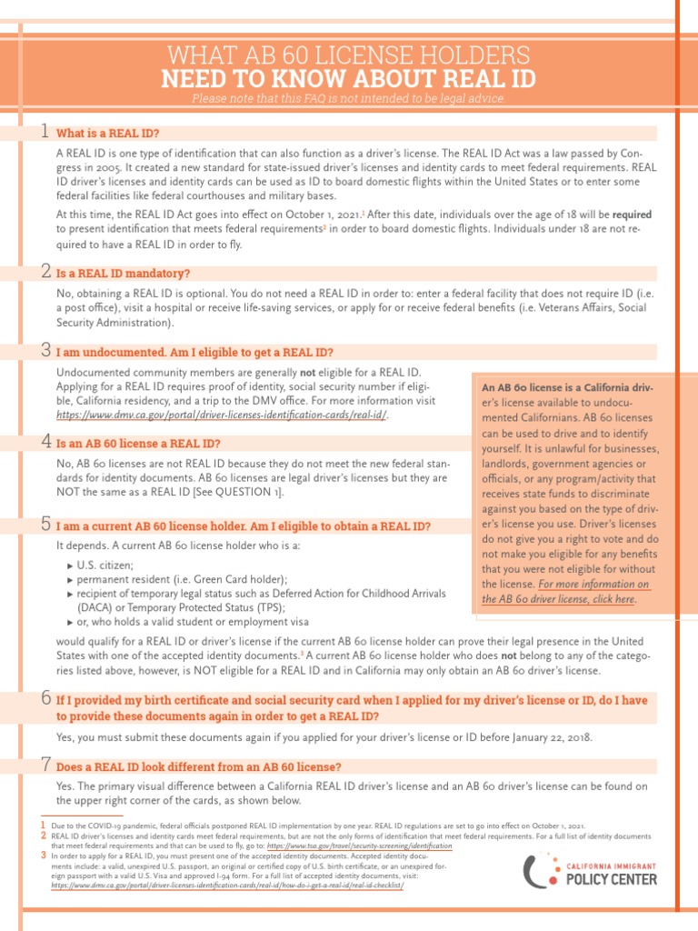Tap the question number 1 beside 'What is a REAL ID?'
[x=45, y=132]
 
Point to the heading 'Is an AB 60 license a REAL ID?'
[x=138, y=444]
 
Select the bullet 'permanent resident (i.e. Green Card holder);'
[x=182, y=579]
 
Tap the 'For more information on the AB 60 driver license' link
[x=566, y=592]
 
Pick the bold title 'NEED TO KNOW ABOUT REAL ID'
[x=348, y=77]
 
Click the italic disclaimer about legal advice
[x=348, y=98]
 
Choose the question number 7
[x=45, y=765]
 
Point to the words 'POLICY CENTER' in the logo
[x=611, y=878]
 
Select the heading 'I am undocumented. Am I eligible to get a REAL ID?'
[x=194, y=352]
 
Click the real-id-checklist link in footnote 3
[x=227, y=884]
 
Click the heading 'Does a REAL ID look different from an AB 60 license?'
[x=198, y=766]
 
